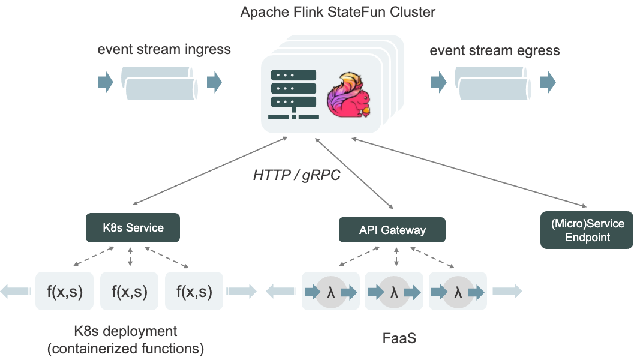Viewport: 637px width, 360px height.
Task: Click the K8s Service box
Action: click(133, 228)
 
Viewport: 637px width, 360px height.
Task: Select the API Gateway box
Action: click(392, 230)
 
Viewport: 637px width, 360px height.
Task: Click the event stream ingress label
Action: click(164, 49)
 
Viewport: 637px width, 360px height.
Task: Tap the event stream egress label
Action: click(494, 50)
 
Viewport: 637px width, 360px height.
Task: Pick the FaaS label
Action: click(399, 338)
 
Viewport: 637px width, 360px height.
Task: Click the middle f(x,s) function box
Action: click(130, 292)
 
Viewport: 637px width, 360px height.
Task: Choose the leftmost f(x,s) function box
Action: click(65, 292)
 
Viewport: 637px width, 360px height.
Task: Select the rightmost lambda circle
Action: click(459, 292)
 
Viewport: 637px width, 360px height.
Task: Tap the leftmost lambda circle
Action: click(330, 292)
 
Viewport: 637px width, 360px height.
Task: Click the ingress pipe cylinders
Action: click(159, 82)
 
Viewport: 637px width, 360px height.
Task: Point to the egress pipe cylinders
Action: click(492, 83)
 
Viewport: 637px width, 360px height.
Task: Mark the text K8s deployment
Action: click(125, 331)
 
